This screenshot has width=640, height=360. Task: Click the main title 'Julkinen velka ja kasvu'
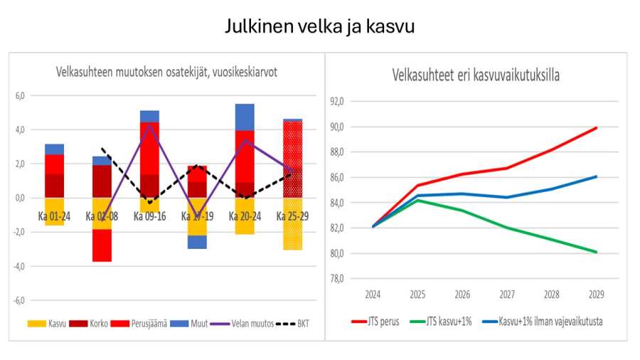point(319,27)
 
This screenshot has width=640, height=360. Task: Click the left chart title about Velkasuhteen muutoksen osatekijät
point(167,72)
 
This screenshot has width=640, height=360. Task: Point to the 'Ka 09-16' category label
point(149,215)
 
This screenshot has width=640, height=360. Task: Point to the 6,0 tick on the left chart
point(20,95)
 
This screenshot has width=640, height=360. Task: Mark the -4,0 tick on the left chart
point(19,266)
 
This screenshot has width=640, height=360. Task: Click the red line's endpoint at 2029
point(596,128)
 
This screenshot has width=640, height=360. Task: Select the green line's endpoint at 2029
point(596,252)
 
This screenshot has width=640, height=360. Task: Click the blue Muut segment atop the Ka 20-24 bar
point(245,117)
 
